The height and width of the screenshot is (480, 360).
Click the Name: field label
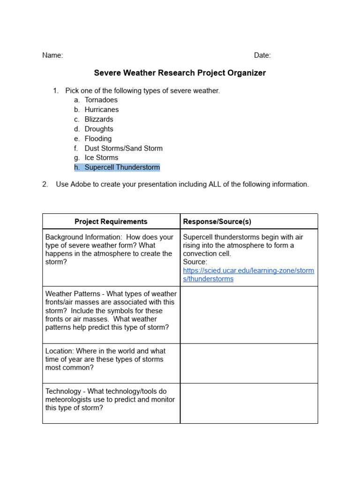[52, 55]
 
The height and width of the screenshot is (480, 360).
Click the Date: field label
[262, 55]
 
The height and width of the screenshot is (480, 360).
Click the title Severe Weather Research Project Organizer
[180, 73]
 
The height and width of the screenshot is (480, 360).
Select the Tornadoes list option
[101, 100]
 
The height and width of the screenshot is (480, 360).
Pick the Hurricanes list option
[102, 110]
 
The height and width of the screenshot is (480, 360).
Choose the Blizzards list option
[99, 119]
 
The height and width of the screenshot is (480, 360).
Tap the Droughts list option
[99, 129]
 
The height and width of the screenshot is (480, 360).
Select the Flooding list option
[98, 139]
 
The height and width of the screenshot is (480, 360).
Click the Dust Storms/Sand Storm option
[123, 148]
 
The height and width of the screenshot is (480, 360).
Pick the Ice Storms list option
[101, 157]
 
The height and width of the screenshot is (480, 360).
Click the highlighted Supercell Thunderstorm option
[122, 167]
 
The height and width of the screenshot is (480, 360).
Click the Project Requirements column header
[111, 221]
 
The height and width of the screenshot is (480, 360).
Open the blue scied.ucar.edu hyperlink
[248, 271]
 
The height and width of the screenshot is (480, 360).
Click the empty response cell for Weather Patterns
[249, 315]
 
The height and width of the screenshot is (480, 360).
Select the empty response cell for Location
[249, 363]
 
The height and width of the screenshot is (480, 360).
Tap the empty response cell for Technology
[249, 403]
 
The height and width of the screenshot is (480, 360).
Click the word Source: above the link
[195, 262]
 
